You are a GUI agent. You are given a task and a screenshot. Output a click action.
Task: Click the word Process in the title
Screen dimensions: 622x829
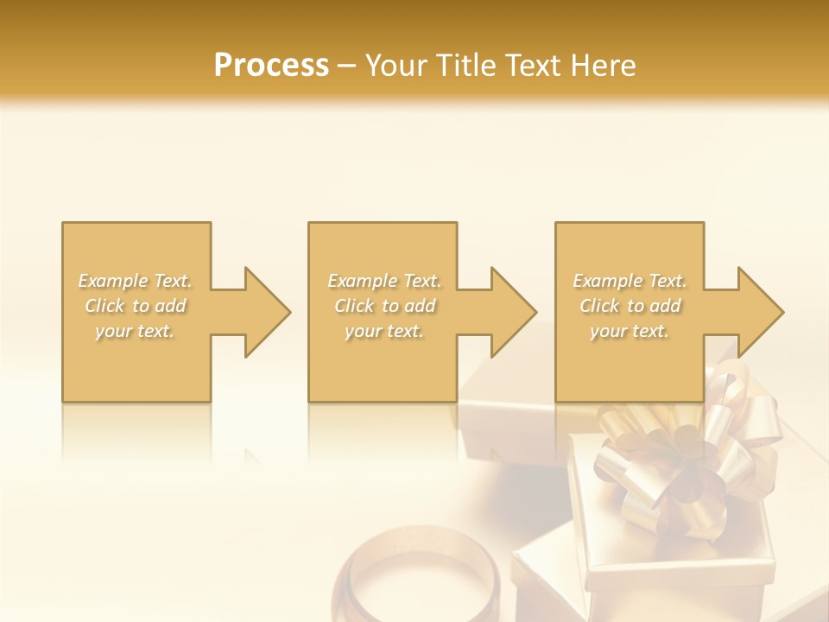coord(271,66)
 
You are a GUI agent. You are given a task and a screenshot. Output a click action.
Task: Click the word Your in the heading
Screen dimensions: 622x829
coord(394,66)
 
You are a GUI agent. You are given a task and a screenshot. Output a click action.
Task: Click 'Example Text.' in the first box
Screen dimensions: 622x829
coord(136,281)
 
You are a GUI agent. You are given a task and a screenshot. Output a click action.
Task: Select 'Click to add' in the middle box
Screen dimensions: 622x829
coord(384,306)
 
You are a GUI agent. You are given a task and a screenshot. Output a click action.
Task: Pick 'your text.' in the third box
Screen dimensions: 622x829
coord(630,331)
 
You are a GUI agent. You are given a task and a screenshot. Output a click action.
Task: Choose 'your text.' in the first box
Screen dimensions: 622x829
coord(136,331)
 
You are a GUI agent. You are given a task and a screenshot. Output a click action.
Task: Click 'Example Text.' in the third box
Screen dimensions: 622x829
coord(630,281)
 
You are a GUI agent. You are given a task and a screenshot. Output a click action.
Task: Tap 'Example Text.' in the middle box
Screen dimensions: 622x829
coord(384,281)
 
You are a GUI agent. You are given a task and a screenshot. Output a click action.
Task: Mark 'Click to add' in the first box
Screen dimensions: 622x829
coord(136,306)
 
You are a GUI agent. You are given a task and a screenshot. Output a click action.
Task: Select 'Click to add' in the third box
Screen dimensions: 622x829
coord(630,306)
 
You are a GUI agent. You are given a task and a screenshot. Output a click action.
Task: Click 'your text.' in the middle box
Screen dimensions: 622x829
coord(384,331)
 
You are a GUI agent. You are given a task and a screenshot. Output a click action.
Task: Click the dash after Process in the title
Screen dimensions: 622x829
coord(347,67)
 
